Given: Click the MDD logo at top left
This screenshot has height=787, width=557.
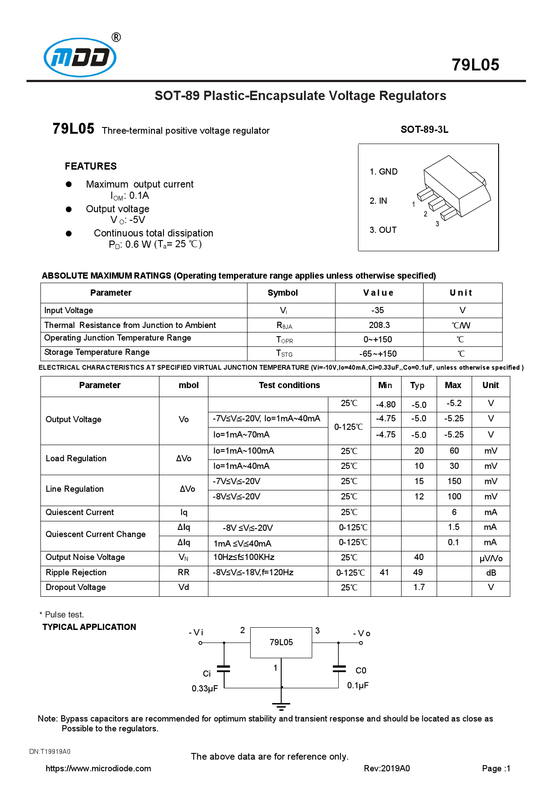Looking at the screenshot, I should [x=80, y=57].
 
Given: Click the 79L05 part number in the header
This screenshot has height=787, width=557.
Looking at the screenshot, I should [x=475, y=65].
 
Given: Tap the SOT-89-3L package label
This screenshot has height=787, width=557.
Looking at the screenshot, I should [x=424, y=130].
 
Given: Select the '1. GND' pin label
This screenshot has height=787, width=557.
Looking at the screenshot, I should [x=383, y=172].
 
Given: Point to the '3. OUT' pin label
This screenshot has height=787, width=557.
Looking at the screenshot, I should [x=383, y=230].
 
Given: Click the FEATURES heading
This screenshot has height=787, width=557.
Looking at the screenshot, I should [x=91, y=166].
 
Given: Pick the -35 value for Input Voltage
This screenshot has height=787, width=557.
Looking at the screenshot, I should [x=377, y=310].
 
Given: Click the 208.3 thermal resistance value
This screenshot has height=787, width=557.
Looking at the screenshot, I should [x=379, y=325].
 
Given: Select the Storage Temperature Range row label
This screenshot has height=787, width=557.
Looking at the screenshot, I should [x=97, y=352].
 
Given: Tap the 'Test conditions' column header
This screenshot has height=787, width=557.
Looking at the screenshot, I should [x=289, y=385].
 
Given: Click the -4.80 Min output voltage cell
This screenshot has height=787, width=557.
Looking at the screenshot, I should [x=385, y=405].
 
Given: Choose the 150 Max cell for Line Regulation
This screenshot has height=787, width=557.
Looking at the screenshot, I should [x=454, y=481].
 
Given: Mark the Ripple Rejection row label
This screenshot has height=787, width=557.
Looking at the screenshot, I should [x=76, y=573].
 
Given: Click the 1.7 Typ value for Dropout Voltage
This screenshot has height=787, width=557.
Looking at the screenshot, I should [x=419, y=587].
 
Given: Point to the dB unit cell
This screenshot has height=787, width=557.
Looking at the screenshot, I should [x=491, y=573].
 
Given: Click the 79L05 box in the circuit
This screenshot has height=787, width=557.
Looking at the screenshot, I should [x=281, y=643].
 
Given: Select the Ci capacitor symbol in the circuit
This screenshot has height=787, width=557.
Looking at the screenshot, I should [x=223, y=669].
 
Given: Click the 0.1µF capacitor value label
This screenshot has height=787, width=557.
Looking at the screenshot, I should [x=358, y=686].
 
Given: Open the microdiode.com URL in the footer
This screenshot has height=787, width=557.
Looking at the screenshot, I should [x=98, y=769].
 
